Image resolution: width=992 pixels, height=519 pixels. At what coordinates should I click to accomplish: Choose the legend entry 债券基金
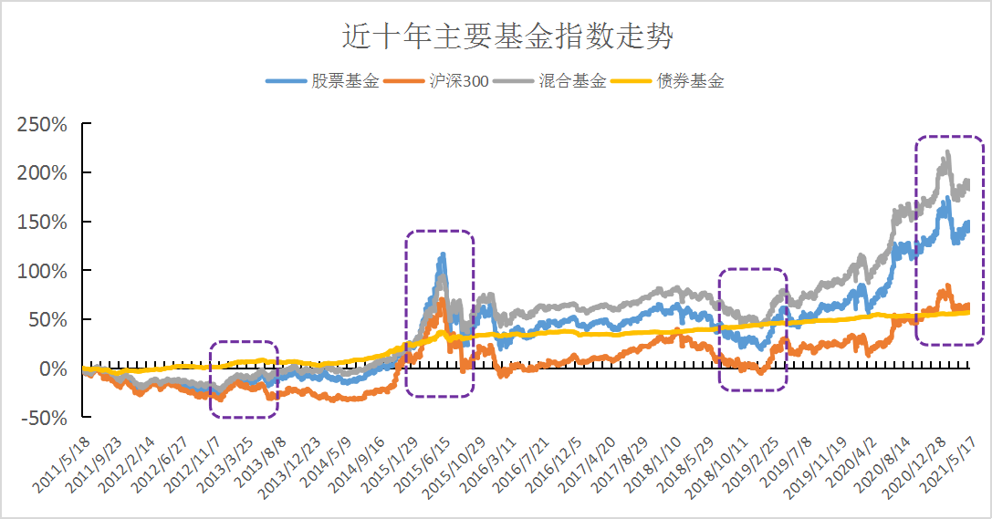click(x=690, y=80)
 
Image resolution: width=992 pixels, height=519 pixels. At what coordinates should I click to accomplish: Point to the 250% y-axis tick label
click(x=41, y=123)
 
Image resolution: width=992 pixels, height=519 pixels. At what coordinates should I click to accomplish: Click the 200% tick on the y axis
click(x=41, y=172)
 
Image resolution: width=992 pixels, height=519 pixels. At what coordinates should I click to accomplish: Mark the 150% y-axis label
click(x=41, y=222)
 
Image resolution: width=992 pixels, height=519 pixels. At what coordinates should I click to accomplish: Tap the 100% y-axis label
click(x=41, y=271)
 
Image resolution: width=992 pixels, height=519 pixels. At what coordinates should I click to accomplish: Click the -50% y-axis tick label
click(x=41, y=419)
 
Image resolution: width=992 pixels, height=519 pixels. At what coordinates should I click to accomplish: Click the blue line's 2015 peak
click(x=443, y=255)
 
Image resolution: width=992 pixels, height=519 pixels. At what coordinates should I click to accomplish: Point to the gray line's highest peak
click(x=948, y=152)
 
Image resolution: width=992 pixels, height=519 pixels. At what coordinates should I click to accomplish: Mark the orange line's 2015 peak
click(x=442, y=298)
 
